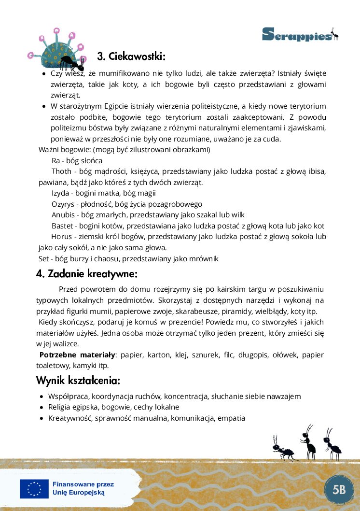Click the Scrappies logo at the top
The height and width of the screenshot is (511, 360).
pos(300,34)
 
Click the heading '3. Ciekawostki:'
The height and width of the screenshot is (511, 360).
pos(131,57)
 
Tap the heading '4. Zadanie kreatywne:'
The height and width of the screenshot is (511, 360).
pos(87,274)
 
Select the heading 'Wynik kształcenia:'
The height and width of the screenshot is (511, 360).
pos(78,381)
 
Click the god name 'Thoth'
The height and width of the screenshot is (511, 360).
pos(62,171)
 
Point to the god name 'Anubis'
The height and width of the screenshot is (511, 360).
pos(63,215)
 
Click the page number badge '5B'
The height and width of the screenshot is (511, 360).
pos(339,490)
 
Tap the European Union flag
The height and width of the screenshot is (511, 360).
pos(34,489)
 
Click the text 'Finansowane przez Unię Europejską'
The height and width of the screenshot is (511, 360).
pos(83,488)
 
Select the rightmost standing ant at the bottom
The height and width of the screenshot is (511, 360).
pos(332,443)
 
